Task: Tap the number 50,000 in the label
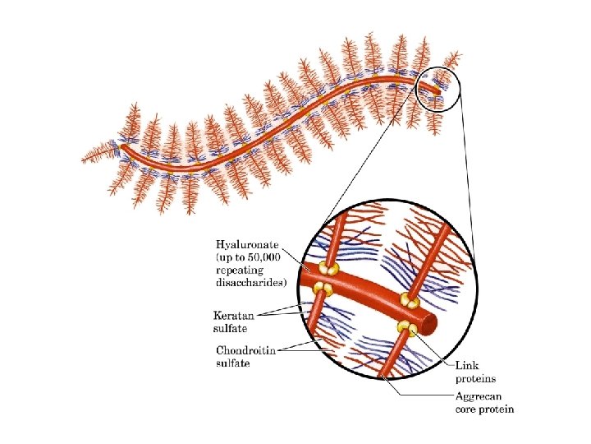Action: pos(270,258)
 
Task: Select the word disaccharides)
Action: pos(251,283)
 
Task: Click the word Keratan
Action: pos(233,315)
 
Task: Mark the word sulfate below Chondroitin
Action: pos(234,362)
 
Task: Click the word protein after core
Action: pos(497,409)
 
